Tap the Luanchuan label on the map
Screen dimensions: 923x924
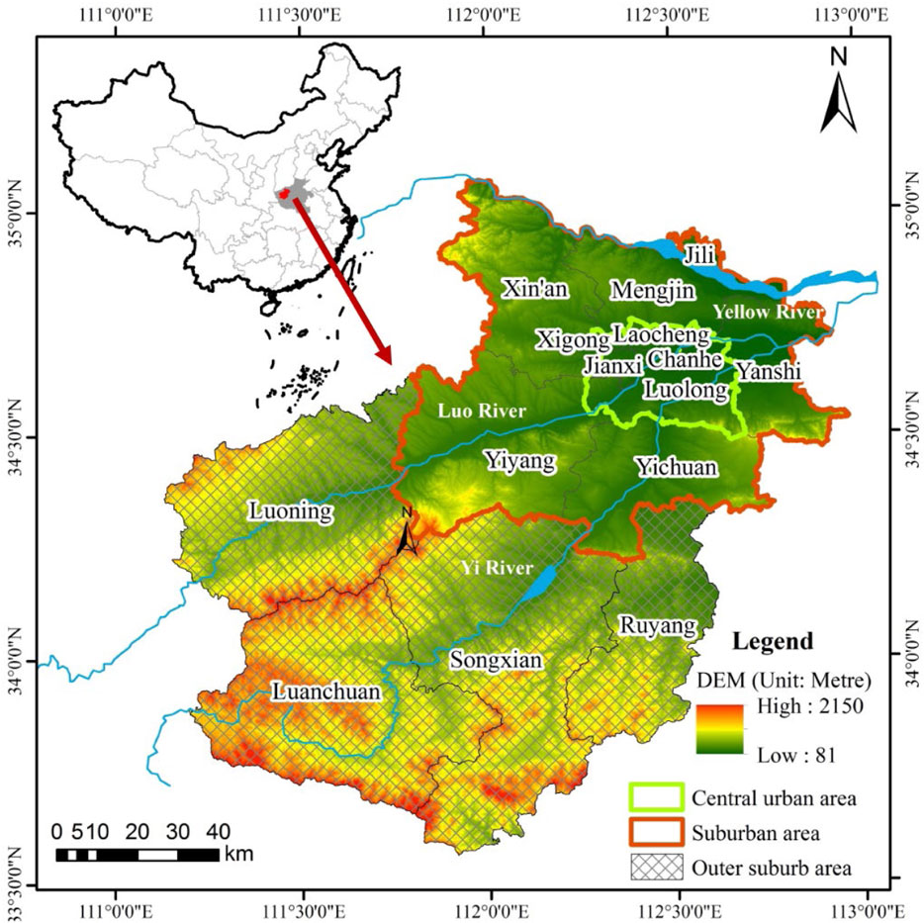click(x=325, y=692)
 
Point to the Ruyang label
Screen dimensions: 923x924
click(x=658, y=625)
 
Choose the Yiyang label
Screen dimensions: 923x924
click(x=519, y=460)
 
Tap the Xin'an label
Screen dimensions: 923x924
click(x=535, y=289)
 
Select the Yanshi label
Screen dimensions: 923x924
click(x=768, y=371)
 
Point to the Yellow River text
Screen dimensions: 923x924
click(x=768, y=313)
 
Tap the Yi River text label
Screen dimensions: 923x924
click(x=496, y=569)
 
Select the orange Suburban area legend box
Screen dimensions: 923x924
click(x=656, y=832)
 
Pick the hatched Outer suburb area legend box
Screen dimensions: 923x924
click(x=656, y=867)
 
